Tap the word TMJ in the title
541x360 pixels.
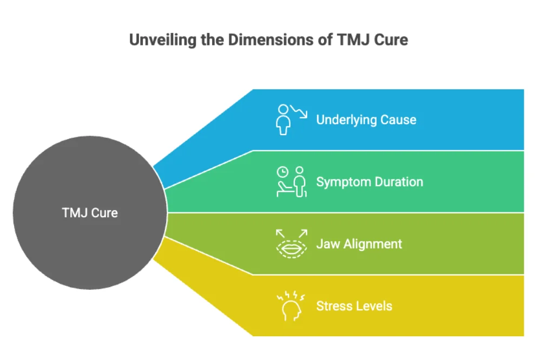[x=353, y=40]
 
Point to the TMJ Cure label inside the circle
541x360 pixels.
[x=90, y=212]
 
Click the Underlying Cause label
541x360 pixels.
[x=366, y=119]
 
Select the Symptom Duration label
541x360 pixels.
[x=370, y=182]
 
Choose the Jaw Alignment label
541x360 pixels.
[x=359, y=244]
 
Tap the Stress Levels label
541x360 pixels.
[x=354, y=306]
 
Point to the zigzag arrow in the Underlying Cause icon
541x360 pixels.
[x=299, y=111]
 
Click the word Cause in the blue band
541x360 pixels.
[x=399, y=119]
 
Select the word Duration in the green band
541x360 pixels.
[x=398, y=182]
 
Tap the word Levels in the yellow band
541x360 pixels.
[x=374, y=306]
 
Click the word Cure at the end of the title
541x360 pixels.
[x=392, y=40]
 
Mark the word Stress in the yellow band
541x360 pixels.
[x=334, y=306]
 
